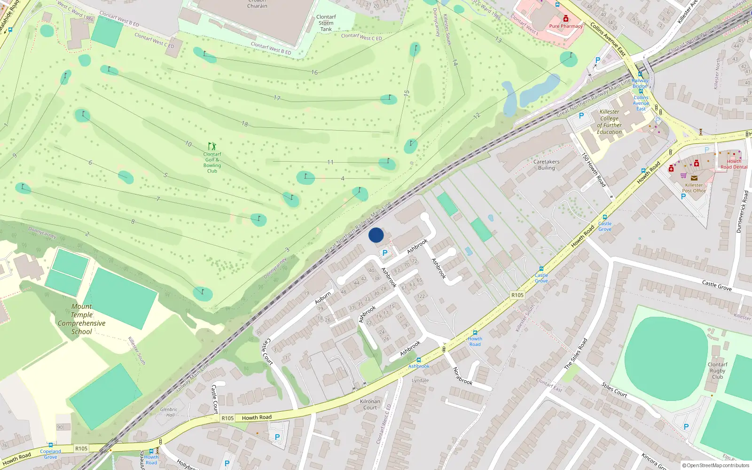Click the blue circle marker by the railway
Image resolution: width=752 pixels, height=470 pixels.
tap(376, 235)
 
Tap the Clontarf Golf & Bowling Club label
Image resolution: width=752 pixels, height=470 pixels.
tap(212, 163)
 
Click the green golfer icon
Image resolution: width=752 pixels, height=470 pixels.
tap(212, 146)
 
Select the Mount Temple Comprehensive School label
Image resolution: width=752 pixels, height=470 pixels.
tap(82, 319)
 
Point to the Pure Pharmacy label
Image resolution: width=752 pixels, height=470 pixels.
tap(566, 26)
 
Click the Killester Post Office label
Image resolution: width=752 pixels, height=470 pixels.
tap(694, 188)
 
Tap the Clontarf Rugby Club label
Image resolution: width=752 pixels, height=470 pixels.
tap(717, 370)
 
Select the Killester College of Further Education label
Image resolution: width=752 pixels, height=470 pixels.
tap(610, 122)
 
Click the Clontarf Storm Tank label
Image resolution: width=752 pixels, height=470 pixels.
tap(326, 23)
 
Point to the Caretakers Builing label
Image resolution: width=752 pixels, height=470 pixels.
tap(547, 164)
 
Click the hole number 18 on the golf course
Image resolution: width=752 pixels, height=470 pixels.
tap(244, 124)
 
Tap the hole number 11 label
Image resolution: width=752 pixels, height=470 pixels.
tap(330, 162)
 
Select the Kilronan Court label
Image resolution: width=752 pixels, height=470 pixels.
tap(370, 404)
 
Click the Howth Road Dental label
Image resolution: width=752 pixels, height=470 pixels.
tap(734, 164)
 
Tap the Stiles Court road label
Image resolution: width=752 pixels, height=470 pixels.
tap(614, 390)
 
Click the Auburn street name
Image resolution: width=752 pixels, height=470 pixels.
tap(323, 297)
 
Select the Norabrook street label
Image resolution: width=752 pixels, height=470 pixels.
tap(463, 376)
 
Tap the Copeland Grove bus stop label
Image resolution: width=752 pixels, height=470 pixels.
tap(50, 454)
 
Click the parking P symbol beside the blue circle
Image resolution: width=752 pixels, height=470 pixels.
tap(385, 253)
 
